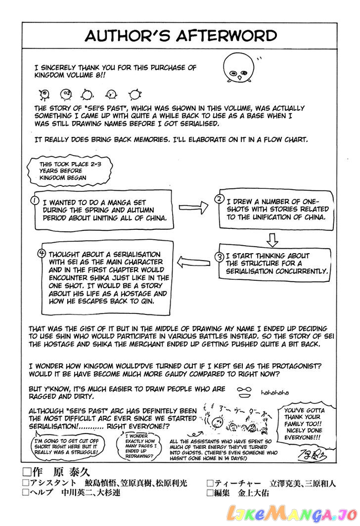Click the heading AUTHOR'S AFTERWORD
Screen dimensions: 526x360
click(x=180, y=36)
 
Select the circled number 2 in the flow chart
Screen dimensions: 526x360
click(x=219, y=199)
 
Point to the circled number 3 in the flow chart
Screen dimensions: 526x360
click(x=220, y=257)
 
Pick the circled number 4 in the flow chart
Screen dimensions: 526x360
click(x=42, y=253)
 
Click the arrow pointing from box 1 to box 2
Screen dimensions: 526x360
click(x=193, y=208)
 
